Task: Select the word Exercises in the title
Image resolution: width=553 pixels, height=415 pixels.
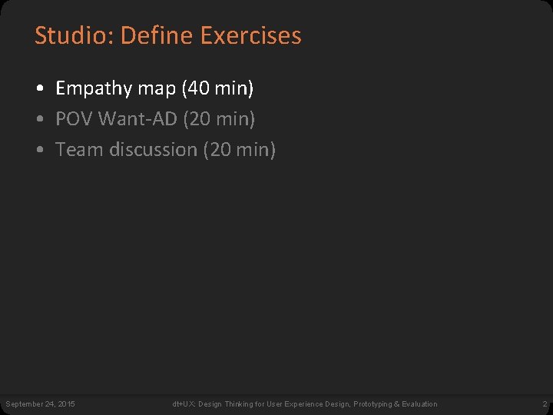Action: point(250,35)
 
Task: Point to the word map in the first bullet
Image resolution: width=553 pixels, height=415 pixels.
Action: point(157,89)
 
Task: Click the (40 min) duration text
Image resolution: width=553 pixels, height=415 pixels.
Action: point(217,89)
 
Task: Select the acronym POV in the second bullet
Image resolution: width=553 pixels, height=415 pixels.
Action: point(75,119)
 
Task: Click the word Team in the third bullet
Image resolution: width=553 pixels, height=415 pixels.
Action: point(80,149)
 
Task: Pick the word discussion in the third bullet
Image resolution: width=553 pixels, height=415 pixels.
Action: point(154,149)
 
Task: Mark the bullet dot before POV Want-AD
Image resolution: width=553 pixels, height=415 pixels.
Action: point(39,120)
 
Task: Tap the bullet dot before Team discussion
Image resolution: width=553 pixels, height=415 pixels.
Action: point(39,150)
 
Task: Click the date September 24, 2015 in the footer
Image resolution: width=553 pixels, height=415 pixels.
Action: point(41,404)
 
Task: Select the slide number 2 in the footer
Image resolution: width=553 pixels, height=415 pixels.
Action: point(544,404)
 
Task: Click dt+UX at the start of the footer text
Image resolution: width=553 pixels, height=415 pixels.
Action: point(183,404)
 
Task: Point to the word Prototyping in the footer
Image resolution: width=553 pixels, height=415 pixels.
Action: point(373,404)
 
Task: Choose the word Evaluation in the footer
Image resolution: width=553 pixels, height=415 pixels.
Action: point(419,404)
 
